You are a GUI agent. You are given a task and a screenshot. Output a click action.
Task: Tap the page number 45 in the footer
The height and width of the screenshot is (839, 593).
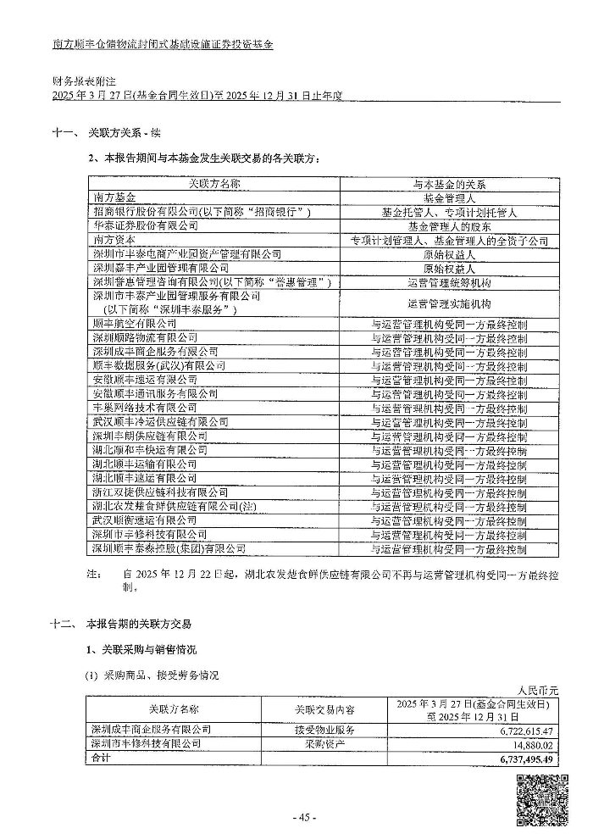(x=303, y=817)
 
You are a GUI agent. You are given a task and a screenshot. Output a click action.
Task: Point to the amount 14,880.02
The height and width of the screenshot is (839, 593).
(x=534, y=744)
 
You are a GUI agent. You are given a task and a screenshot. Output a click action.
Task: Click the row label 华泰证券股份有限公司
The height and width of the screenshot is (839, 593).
(x=145, y=225)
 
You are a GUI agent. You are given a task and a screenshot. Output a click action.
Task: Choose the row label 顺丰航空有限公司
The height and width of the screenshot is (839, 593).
(x=135, y=324)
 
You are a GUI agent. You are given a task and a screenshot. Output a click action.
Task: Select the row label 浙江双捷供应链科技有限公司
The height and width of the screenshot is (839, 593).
(x=160, y=492)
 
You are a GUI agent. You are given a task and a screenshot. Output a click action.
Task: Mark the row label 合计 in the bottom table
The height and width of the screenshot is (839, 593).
(x=102, y=758)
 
